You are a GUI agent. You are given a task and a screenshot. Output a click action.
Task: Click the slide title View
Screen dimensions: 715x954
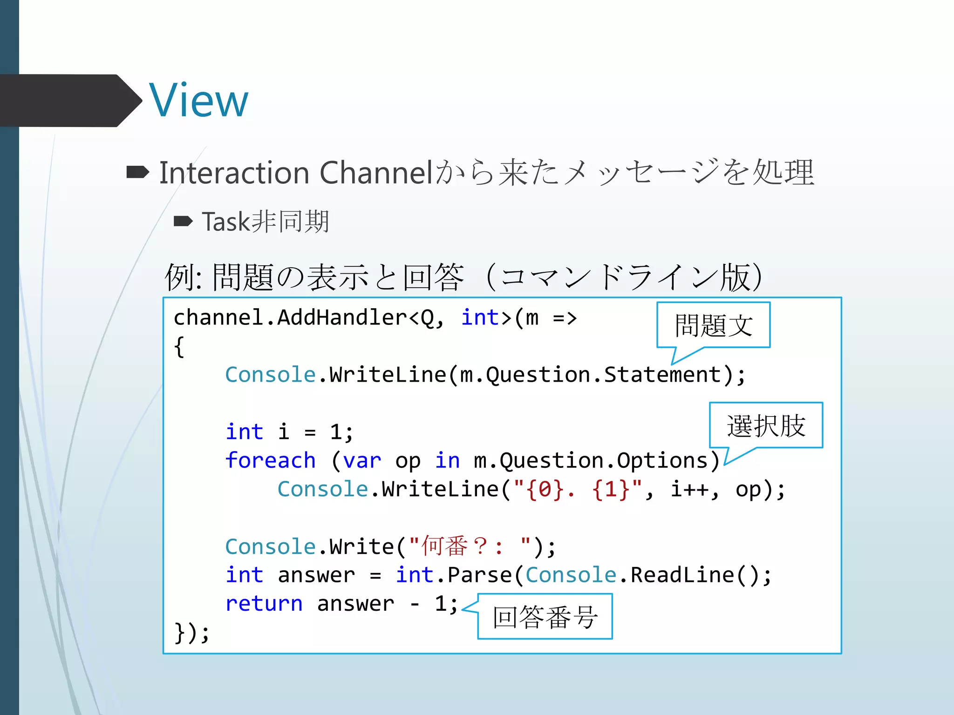[199, 101]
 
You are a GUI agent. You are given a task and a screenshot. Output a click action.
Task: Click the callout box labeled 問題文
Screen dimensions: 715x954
[713, 325]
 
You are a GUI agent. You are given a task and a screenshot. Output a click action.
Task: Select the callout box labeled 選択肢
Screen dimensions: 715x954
[766, 425]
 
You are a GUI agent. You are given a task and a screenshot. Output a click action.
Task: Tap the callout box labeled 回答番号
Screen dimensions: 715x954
[545, 617]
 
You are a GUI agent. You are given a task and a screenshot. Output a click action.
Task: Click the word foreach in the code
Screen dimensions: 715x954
[270, 460]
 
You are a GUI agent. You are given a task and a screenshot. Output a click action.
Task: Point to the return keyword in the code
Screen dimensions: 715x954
[264, 604]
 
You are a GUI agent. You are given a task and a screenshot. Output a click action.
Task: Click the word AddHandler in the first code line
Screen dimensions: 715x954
[342, 318]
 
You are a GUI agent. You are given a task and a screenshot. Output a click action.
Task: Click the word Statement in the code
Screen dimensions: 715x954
[662, 375]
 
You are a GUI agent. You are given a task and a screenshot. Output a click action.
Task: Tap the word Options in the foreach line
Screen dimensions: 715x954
[662, 460]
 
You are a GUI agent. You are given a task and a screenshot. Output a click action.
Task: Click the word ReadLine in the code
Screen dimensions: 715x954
[682, 575]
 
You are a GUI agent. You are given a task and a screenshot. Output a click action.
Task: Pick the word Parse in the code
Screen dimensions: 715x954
[479, 575]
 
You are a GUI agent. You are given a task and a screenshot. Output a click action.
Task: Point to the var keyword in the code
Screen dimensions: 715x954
[362, 460]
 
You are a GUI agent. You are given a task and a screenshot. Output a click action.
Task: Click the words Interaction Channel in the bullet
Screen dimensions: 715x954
[296, 173]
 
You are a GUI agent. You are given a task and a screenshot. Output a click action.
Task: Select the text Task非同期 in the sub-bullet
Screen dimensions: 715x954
[266, 222]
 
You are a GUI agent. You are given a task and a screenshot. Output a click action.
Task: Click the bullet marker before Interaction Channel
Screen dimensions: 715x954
[137, 173]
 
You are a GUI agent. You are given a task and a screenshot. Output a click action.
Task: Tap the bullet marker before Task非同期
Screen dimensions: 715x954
[183, 221]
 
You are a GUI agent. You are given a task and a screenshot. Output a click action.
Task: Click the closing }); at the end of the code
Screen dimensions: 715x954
[191, 633]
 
